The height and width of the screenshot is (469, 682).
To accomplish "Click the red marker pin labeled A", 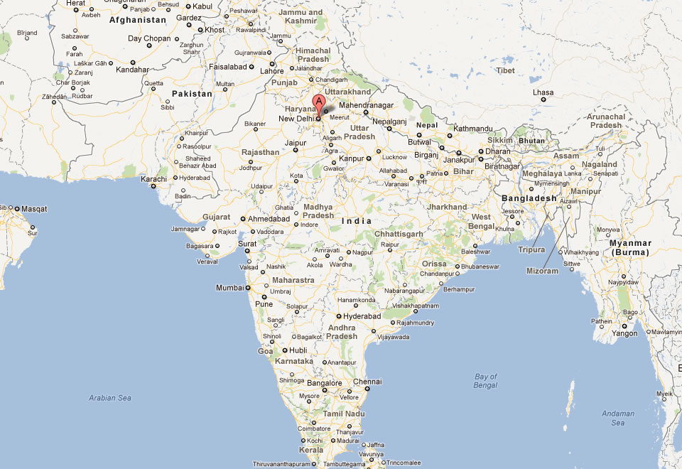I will (x=319, y=102).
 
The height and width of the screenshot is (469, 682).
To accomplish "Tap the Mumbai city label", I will (x=230, y=288).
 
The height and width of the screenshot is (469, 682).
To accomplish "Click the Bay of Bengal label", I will (x=486, y=381).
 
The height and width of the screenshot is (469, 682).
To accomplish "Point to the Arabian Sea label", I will (x=110, y=398).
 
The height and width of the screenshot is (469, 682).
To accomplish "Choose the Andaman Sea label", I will (x=617, y=418).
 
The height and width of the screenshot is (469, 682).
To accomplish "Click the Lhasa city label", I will (x=543, y=92).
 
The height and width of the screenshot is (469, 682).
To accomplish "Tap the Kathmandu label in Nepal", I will (x=473, y=129).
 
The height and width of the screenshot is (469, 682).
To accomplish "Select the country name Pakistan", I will (x=192, y=94).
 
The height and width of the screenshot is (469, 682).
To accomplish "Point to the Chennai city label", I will (x=367, y=382).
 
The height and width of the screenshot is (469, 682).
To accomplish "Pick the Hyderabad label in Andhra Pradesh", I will (x=362, y=316).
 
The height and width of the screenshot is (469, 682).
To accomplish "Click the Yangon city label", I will (x=624, y=333).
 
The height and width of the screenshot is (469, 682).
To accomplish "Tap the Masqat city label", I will (x=34, y=209).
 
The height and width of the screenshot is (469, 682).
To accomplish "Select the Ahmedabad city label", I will (x=271, y=220).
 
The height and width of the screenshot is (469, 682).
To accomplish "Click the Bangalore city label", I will (x=325, y=383).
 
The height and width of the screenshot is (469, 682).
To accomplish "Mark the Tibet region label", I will (x=505, y=70).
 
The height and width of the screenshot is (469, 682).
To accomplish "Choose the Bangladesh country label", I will (x=529, y=198).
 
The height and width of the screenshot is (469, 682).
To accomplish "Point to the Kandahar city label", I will (x=132, y=70).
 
